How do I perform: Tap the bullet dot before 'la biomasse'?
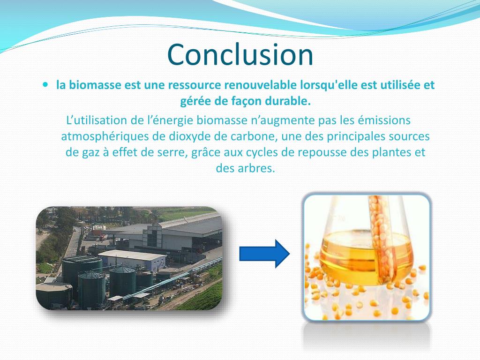[45, 85]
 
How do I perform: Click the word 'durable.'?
[290, 101]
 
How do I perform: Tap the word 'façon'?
[248, 101]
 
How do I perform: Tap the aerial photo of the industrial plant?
[129, 258]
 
